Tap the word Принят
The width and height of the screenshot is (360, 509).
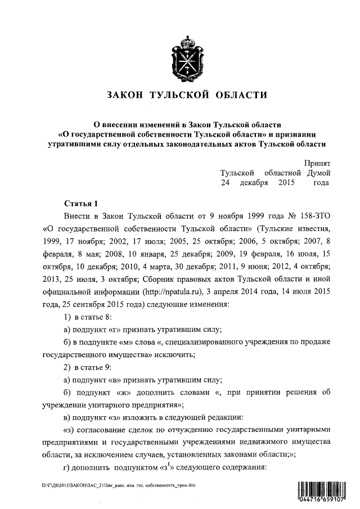pyautogui.click(x=317, y=163)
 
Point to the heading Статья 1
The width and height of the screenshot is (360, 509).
pyautogui.click(x=81, y=203)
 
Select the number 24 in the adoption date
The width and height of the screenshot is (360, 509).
pyautogui.click(x=226, y=183)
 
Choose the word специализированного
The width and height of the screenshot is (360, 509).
pyautogui.click(x=217, y=342)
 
